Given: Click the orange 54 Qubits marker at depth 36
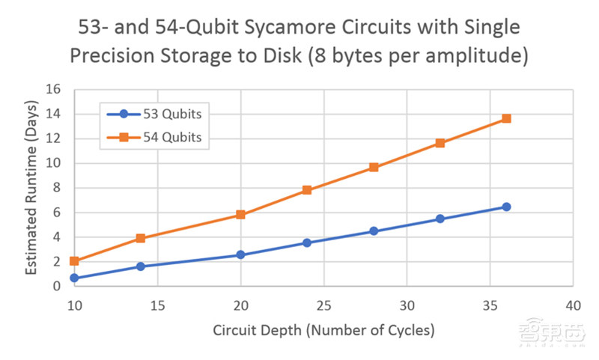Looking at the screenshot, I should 506,118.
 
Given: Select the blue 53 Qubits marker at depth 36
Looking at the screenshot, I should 506,207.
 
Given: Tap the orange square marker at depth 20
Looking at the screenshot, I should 240,215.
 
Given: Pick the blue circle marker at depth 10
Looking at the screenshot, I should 74,278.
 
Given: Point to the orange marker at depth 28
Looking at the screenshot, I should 374,168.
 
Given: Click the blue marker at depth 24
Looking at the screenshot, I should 307,242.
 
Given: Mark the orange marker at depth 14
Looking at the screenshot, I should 141,239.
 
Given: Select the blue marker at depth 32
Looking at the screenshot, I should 440,219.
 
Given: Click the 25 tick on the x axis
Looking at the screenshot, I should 323,305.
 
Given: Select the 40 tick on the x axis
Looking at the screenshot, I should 573,305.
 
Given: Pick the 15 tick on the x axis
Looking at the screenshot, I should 157,305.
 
